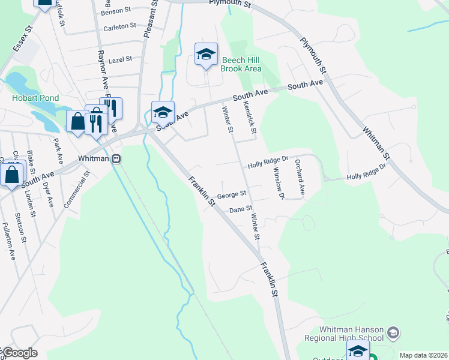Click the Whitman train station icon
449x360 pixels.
117,158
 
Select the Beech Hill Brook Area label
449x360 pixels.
241,64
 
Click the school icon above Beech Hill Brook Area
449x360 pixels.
206,55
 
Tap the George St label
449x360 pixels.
232,194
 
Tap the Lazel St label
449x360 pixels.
120,59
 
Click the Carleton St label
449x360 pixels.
116,27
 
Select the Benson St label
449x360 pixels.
115,11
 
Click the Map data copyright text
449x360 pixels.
423,355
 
